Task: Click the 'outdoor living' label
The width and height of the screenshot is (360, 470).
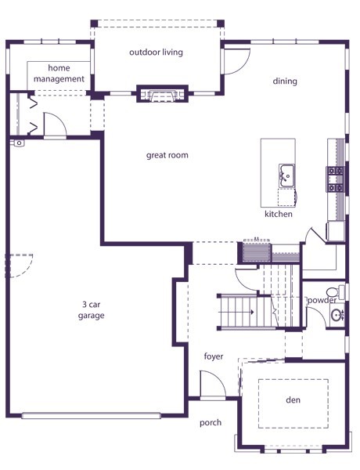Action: click(156, 52)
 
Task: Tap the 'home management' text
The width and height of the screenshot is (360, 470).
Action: click(59, 74)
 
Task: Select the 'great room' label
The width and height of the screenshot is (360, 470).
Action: click(167, 155)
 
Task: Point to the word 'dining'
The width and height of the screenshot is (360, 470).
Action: click(285, 81)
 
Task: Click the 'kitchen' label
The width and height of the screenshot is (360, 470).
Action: click(279, 214)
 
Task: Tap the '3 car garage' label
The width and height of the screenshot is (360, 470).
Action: click(91, 310)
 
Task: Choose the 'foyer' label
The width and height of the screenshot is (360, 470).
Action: click(214, 356)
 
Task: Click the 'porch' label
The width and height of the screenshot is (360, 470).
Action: click(211, 423)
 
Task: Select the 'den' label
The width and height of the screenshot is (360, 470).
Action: click(293, 399)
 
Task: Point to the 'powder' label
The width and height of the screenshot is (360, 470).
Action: click(322, 300)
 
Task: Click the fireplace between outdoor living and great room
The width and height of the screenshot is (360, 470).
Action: click(162, 94)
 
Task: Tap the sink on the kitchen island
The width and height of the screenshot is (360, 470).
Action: click(286, 175)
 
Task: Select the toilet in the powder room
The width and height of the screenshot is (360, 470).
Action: click(335, 291)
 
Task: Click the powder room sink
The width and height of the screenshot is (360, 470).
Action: click(337, 315)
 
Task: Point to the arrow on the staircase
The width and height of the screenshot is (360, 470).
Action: click(236, 312)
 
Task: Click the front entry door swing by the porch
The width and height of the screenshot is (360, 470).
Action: click(212, 384)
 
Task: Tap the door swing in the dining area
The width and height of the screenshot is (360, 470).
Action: click(237, 61)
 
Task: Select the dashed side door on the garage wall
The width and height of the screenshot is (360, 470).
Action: click(20, 266)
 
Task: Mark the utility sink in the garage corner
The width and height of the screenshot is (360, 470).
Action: click(18, 143)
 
